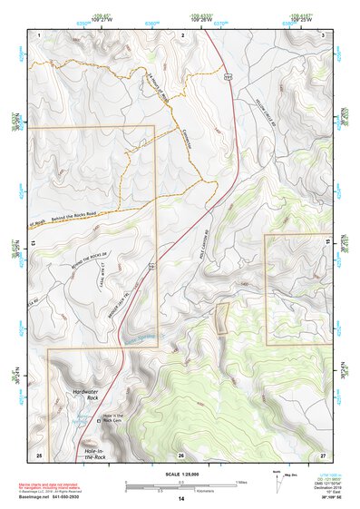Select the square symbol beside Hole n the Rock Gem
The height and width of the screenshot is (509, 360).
pos(98,420)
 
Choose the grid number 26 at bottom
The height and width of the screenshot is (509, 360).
pos(181,455)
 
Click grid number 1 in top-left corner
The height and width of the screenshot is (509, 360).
pos(39,34)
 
